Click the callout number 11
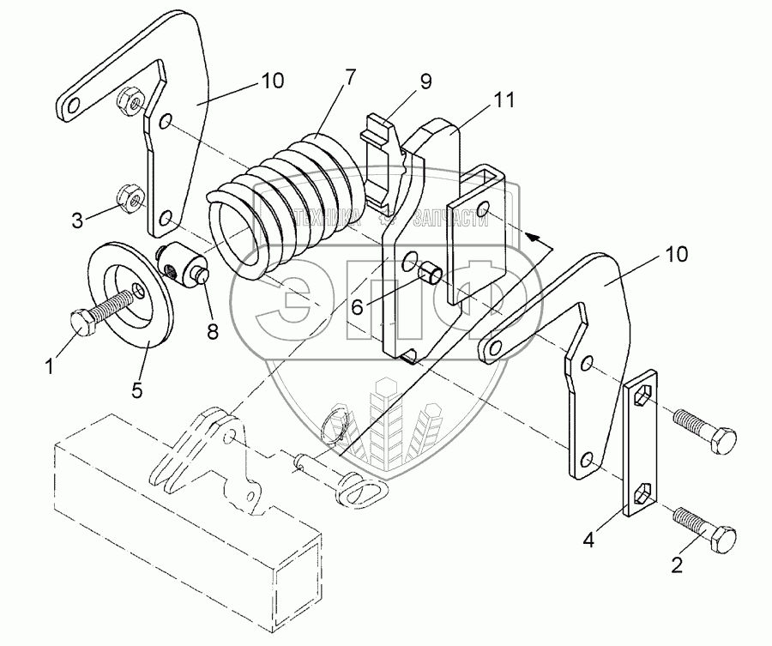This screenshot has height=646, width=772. point(504,100)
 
